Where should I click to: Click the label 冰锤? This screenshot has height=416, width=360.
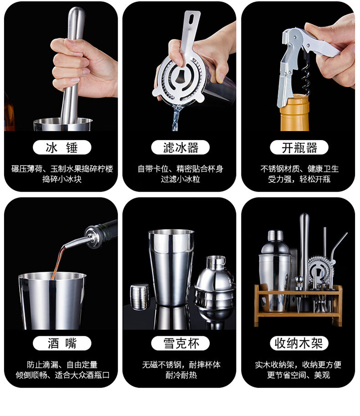62,147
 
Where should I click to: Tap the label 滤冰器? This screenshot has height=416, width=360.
180,147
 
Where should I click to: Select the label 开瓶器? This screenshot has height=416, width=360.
299,147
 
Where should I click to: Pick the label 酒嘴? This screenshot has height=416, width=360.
62,343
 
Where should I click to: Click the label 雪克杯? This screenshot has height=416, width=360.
180,343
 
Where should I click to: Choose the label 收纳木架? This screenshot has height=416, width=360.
299,343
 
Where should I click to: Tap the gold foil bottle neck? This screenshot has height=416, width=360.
294,113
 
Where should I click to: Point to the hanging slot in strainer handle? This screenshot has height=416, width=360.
191,19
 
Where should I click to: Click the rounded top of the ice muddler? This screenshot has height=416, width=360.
77,13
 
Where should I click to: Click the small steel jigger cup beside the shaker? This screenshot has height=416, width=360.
140,296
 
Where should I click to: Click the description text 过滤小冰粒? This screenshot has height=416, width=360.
180,179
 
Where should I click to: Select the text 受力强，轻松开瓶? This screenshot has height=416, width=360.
299,179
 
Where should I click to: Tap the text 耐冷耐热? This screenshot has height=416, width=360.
181,375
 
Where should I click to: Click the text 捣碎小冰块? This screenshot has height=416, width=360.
62,179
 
